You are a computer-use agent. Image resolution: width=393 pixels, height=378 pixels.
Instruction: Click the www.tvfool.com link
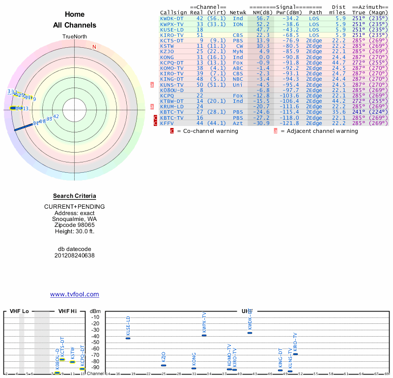coord(75,294)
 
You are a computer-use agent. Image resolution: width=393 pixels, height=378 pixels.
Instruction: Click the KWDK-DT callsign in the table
coord(172,18)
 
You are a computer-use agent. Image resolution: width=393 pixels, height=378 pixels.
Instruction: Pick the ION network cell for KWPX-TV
coord(238,24)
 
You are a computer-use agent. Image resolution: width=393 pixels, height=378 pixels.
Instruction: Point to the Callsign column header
coord(173,12)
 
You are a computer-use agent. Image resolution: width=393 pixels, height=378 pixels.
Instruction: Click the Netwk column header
coord(238,12)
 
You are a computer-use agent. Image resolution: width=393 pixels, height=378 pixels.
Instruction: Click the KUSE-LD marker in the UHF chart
coord(128,338)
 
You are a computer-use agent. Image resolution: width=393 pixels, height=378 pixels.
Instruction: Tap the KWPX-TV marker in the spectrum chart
coord(204,335)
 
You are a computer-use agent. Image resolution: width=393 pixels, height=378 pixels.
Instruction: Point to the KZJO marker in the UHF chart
coord(164,365)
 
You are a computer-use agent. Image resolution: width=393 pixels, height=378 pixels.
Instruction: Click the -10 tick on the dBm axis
coord(95,317)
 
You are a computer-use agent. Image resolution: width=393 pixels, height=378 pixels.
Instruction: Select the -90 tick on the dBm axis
coord(95,367)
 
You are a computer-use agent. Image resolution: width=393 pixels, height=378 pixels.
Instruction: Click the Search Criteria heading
coord(75,196)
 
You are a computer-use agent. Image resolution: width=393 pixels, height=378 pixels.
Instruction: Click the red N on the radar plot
coord(94,47)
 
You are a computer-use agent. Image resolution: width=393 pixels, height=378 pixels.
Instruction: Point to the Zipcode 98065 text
coord(75,225)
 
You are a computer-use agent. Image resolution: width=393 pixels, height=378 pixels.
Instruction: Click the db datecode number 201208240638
coord(75,255)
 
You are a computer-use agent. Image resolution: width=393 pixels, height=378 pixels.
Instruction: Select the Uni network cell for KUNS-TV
coord(238,85)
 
